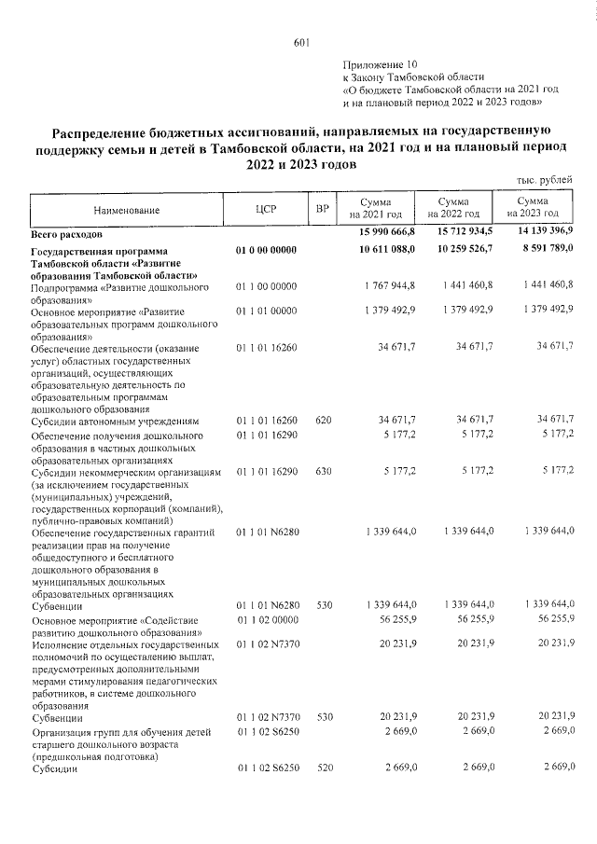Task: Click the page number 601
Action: (299, 41)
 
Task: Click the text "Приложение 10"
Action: (382, 63)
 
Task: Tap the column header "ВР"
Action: (323, 209)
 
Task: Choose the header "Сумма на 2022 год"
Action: (453, 208)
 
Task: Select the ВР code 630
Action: (323, 472)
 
